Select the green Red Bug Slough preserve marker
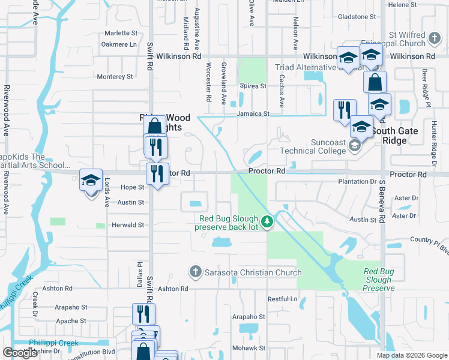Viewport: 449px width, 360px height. click(x=268, y=222)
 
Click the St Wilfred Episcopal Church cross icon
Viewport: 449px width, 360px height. click(x=435, y=40)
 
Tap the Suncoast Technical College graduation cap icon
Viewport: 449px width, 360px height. click(x=355, y=146)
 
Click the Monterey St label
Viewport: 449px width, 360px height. click(x=115, y=77)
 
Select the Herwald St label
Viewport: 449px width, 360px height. click(x=128, y=225)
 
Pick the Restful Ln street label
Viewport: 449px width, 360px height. click(x=282, y=299)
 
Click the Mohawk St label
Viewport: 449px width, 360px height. click(x=249, y=348)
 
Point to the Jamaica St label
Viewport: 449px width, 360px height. click(x=253, y=113)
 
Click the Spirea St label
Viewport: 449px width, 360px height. click(x=253, y=86)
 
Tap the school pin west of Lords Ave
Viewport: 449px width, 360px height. click(x=91, y=180)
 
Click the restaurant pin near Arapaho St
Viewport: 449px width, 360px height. click(x=143, y=313)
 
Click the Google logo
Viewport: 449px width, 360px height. click(x=20, y=353)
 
